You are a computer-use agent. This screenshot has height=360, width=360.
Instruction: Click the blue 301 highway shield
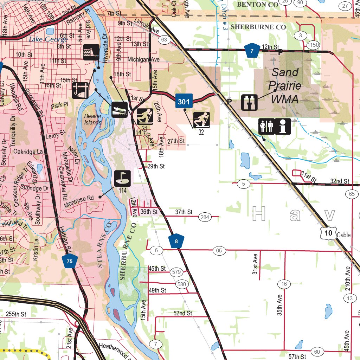point(184,102)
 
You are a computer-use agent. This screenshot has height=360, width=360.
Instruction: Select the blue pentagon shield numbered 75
point(70,261)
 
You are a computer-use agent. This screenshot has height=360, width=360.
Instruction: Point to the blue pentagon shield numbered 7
point(252,51)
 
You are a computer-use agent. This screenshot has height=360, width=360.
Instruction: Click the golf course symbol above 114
point(122,178)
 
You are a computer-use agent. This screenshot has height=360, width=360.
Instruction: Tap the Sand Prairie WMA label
point(285,86)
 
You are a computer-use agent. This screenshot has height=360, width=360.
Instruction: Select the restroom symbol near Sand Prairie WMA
point(266,126)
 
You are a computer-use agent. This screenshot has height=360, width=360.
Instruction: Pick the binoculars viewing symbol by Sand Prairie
point(249,102)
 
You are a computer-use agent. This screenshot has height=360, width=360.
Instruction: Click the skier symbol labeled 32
point(201,120)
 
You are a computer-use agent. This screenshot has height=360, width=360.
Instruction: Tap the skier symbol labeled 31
point(144,116)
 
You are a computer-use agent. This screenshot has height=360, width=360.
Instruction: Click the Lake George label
point(48,39)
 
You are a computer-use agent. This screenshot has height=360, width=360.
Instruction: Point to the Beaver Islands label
point(93,119)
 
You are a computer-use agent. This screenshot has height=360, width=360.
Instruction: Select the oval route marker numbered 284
point(205,217)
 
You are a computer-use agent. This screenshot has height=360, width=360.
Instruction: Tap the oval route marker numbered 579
point(176,272)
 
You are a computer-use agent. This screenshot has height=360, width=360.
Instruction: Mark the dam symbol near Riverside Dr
point(91,52)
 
